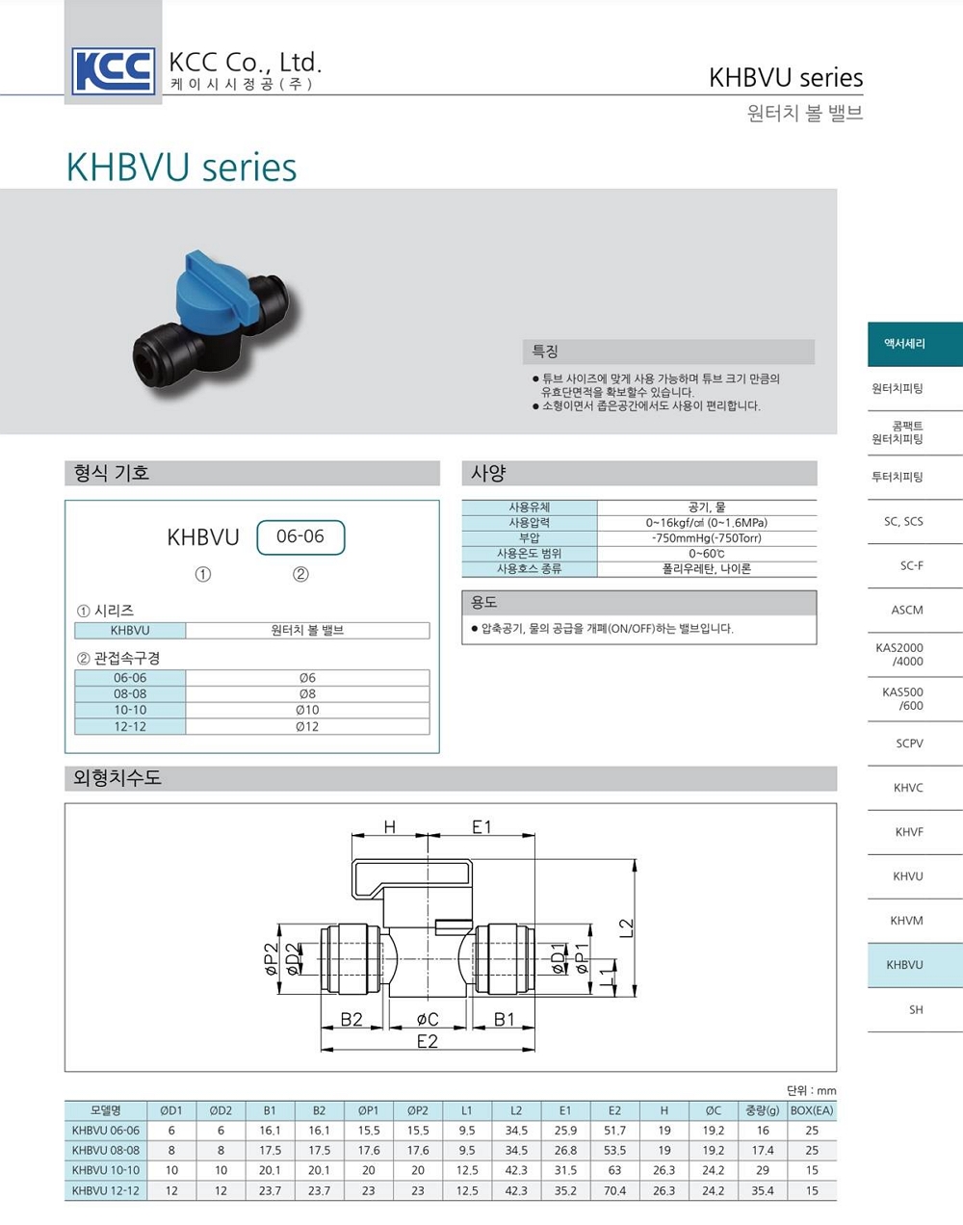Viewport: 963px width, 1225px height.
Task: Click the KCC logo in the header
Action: (x=114, y=71)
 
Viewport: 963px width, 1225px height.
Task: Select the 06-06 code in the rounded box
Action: (x=300, y=536)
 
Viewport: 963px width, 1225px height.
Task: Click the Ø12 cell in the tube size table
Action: (x=307, y=726)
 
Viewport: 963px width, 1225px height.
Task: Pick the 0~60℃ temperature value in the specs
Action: (x=706, y=554)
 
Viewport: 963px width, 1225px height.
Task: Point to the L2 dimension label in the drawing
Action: (x=626, y=927)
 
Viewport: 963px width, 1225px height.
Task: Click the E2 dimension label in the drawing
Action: (x=427, y=1041)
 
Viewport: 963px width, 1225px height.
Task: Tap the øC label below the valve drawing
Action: (x=428, y=1019)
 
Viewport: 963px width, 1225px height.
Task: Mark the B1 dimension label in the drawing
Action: (x=505, y=1019)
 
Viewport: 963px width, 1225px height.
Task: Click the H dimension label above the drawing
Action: (x=390, y=826)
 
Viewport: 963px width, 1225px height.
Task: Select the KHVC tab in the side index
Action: (x=908, y=788)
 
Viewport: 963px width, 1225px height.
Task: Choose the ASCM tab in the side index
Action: (x=907, y=611)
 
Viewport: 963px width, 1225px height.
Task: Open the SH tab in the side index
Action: (x=916, y=1010)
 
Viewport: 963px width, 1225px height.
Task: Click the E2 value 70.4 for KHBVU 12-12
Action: (x=614, y=1191)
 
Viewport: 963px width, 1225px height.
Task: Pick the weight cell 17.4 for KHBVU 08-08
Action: (x=763, y=1151)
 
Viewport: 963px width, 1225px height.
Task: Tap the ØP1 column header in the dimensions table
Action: (x=368, y=1110)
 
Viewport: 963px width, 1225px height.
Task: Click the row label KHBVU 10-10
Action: (x=106, y=1170)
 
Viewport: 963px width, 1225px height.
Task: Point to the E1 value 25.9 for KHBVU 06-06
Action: (x=565, y=1131)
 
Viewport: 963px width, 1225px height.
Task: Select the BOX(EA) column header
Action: (x=812, y=1110)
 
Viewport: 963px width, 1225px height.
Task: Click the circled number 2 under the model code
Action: (x=300, y=574)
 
